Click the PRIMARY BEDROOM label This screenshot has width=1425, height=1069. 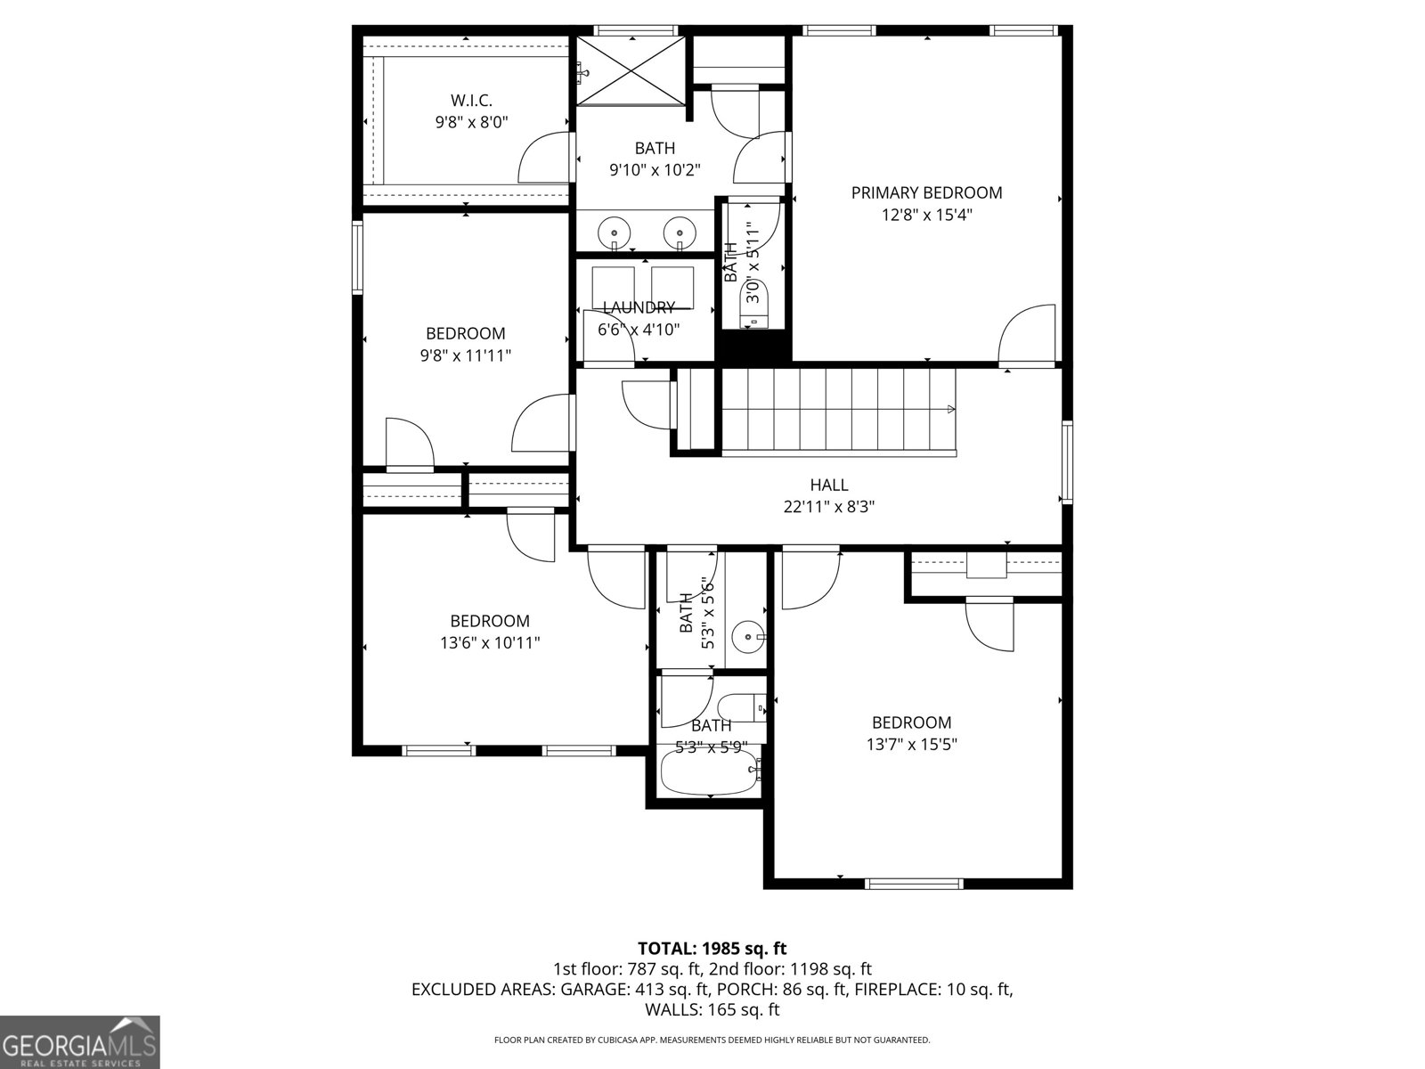coord(926,192)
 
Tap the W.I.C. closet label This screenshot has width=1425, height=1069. coord(471,101)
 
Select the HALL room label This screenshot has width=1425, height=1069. coord(828,485)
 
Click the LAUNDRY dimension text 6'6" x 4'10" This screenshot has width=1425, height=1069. coord(639,330)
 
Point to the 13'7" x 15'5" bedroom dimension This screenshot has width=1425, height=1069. coord(911,745)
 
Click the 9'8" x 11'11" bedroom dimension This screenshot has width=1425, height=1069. coord(466,355)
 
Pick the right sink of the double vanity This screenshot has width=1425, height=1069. coord(680,232)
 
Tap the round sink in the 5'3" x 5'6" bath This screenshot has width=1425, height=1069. coord(747,637)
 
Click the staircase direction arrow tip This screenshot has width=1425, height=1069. coord(953,410)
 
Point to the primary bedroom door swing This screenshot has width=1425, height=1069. coord(1026,336)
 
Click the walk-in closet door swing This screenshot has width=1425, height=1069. coord(543,158)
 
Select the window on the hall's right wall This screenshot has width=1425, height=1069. coord(1067,462)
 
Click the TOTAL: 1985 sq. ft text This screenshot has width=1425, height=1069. coord(712,949)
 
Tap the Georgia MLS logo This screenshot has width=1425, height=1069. coord(79,1041)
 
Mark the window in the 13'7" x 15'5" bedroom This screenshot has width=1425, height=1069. coord(914,884)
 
